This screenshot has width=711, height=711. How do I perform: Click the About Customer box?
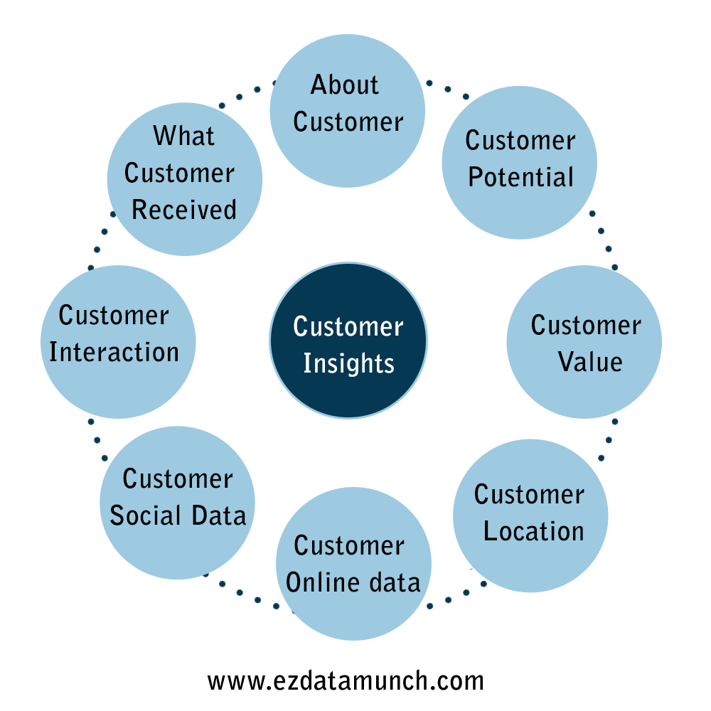click(x=348, y=110)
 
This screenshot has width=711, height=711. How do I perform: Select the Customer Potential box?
click(x=519, y=162)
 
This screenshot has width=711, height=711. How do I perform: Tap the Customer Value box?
click(x=584, y=342)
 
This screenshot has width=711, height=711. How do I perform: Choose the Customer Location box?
click(x=530, y=515)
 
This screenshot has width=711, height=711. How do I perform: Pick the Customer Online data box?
click(x=353, y=563)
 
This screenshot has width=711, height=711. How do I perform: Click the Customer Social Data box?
click(x=177, y=503)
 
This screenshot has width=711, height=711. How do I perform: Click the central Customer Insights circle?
click(x=348, y=340)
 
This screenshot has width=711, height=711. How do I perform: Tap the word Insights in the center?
click(x=348, y=363)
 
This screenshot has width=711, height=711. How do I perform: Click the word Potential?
click(x=520, y=177)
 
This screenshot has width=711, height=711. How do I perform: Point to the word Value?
click(x=589, y=361)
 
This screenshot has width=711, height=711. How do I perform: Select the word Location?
click(x=534, y=531)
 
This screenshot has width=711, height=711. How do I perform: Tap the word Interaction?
click(x=114, y=352)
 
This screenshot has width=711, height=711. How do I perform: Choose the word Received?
click(x=184, y=210)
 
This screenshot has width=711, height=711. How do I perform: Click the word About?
click(x=345, y=85)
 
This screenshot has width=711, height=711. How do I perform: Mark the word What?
click(x=183, y=135)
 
